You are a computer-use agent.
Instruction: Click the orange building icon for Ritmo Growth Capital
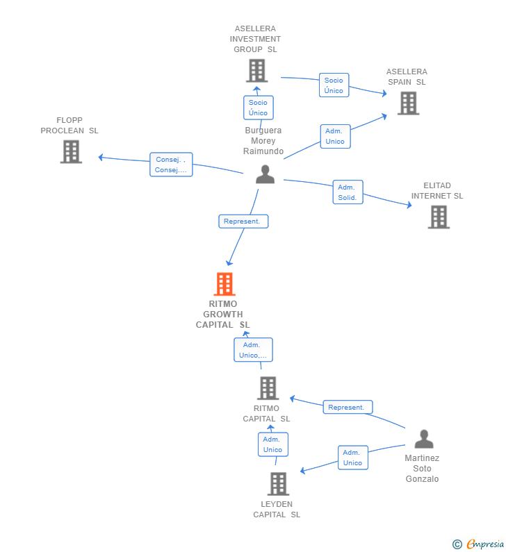pyautogui.click(x=224, y=284)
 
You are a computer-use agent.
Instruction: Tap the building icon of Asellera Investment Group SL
pyautogui.click(x=256, y=70)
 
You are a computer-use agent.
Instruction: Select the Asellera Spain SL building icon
pyautogui.click(x=408, y=103)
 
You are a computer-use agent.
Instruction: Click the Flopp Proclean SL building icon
pyautogui.click(x=71, y=151)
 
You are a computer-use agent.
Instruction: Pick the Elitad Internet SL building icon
pyautogui.click(x=438, y=217)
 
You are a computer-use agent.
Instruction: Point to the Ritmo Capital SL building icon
pyautogui.click(x=268, y=388)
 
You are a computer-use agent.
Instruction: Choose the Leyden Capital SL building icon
pyautogui.click(x=278, y=484)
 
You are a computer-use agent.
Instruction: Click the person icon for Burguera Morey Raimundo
pyautogui.click(x=265, y=174)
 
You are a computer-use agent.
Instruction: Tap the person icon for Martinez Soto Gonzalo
pyautogui.click(x=423, y=440)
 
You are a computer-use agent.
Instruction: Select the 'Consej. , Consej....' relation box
pyautogui.click(x=171, y=165)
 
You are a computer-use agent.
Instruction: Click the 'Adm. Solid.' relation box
pyautogui.click(x=348, y=192)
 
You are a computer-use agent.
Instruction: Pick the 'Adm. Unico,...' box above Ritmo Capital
pyautogui.click(x=253, y=350)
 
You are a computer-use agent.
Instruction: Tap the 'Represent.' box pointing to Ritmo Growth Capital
pyautogui.click(x=243, y=221)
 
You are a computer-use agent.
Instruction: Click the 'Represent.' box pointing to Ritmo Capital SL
pyautogui.click(x=348, y=408)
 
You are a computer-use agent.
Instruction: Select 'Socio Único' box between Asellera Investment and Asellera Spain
pyautogui.click(x=334, y=85)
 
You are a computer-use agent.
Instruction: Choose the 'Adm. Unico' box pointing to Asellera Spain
pyautogui.click(x=335, y=136)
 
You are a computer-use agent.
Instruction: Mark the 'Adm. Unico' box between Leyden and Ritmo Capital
pyautogui.click(x=272, y=444)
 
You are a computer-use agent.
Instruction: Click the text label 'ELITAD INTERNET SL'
pyautogui.click(x=437, y=191)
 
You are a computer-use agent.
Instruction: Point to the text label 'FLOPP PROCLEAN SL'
pyautogui.click(x=70, y=126)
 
